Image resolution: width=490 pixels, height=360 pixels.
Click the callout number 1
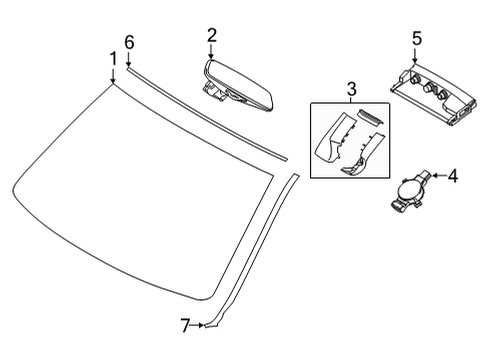pyautogui.click(x=113, y=59)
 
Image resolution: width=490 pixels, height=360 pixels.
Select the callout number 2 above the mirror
pyautogui.click(x=212, y=36)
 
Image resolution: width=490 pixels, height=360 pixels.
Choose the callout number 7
pyautogui.click(x=184, y=325)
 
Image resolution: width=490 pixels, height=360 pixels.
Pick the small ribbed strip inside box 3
pyautogui.click(x=371, y=118)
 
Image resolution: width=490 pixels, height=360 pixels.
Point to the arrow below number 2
pyautogui.click(x=212, y=53)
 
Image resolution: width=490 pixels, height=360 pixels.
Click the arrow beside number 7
pyautogui.click(x=199, y=325)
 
